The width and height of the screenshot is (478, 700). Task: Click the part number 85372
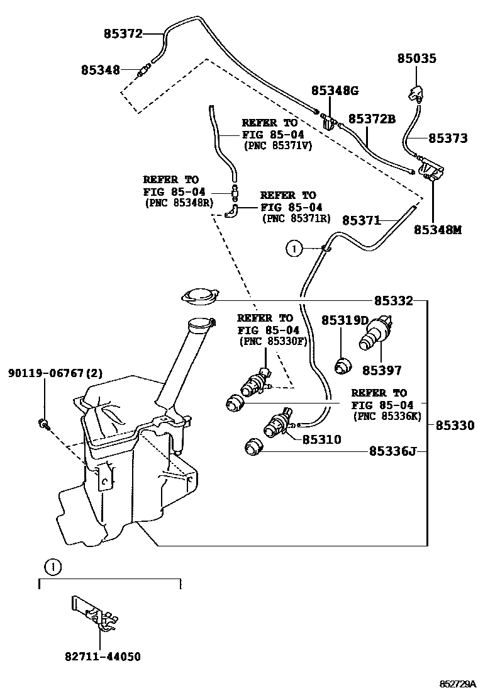click(123, 34)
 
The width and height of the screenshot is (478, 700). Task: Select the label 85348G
click(336, 91)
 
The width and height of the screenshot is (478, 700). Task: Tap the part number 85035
click(416, 59)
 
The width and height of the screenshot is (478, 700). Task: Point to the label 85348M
click(437, 230)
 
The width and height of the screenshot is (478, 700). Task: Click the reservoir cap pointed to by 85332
click(199, 295)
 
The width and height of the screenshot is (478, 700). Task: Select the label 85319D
click(345, 320)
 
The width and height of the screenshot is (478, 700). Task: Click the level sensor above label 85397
click(376, 332)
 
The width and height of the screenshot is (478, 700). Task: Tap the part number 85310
click(321, 439)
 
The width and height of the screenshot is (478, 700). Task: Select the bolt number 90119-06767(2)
click(55, 373)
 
